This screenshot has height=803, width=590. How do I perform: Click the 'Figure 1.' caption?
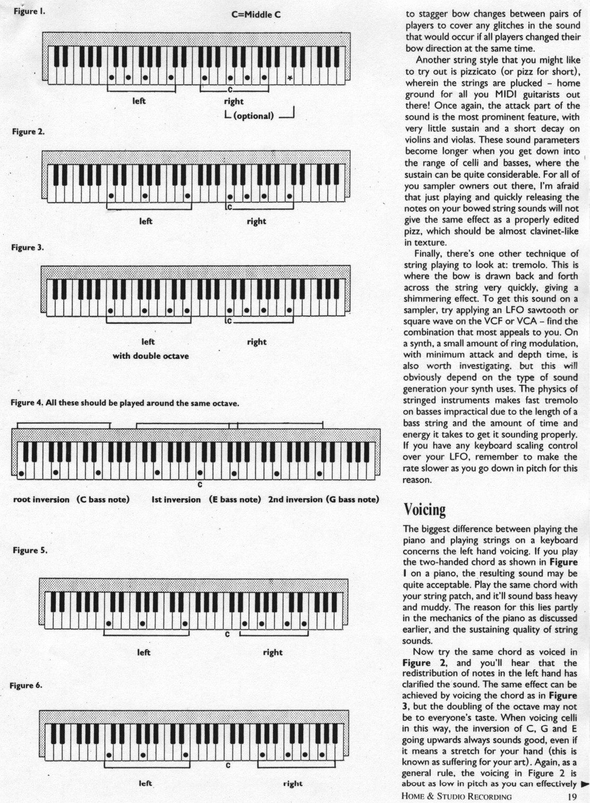(28, 11)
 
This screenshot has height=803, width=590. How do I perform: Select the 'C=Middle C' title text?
(255, 14)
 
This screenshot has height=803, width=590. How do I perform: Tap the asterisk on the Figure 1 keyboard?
(289, 79)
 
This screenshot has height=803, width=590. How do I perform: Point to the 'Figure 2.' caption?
(28, 132)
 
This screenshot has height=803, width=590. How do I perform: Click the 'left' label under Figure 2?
(146, 221)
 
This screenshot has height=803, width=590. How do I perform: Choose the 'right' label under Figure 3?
(256, 342)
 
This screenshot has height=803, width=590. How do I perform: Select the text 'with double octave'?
(150, 356)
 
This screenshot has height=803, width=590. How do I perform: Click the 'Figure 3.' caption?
(28, 247)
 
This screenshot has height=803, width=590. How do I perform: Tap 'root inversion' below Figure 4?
(41, 499)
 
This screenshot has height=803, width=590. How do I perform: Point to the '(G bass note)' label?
(353, 499)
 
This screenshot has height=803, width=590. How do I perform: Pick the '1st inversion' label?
(176, 499)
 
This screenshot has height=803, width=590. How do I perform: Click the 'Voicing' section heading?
(424, 510)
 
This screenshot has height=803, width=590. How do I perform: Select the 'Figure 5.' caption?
(30, 550)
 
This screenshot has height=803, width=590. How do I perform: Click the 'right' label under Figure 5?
(272, 652)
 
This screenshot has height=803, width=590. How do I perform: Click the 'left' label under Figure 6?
(145, 783)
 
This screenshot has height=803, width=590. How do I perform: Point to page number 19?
(571, 796)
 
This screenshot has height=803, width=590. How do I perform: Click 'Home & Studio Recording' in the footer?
(457, 796)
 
